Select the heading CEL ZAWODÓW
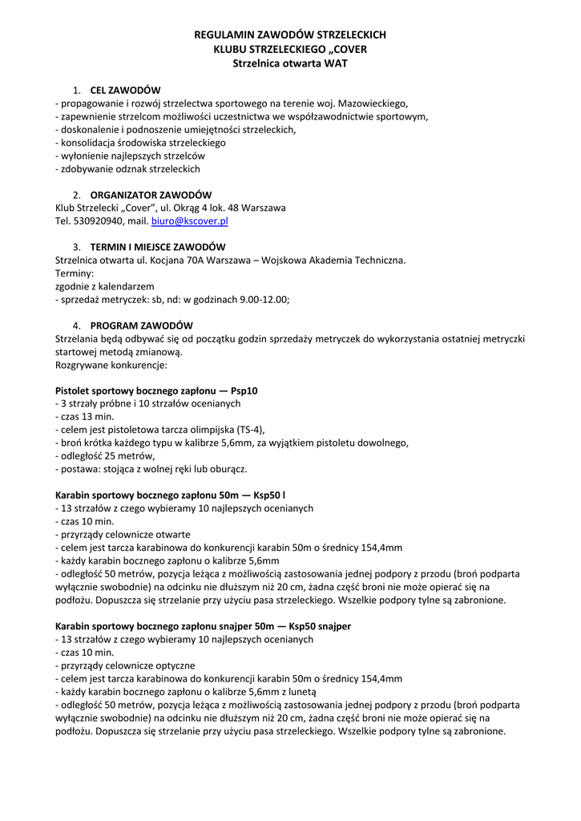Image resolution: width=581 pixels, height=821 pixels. click(x=126, y=90)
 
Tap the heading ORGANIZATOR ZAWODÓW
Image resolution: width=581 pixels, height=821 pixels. click(x=151, y=195)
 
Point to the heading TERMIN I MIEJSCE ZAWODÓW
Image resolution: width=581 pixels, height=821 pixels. click(x=158, y=246)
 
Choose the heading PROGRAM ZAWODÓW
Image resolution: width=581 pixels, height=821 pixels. click(x=141, y=326)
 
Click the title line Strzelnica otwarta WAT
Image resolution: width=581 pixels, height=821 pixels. click(x=290, y=63)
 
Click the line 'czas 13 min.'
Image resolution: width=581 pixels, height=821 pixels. click(x=84, y=417)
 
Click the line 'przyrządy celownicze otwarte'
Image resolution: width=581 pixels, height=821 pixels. click(x=123, y=534)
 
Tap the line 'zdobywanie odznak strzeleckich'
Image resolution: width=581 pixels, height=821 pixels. click(x=127, y=168)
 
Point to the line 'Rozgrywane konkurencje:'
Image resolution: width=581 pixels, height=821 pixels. click(x=111, y=365)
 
